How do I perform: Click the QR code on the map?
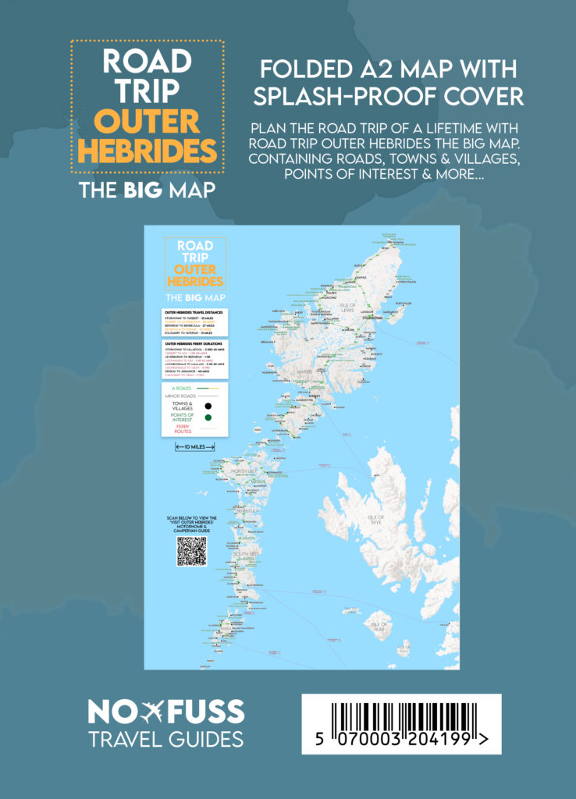(192, 551)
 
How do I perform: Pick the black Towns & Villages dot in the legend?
(208, 406)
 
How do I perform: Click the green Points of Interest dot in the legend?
(208, 417)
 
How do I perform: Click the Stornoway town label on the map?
(372, 318)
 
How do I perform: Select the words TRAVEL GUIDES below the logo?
(165, 738)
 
